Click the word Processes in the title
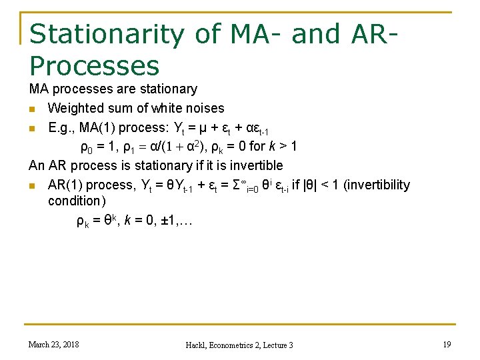(x=94, y=65)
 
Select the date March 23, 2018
(x=53, y=344)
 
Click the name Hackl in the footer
(x=198, y=345)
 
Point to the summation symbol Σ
(x=232, y=185)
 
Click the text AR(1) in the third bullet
(x=67, y=185)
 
